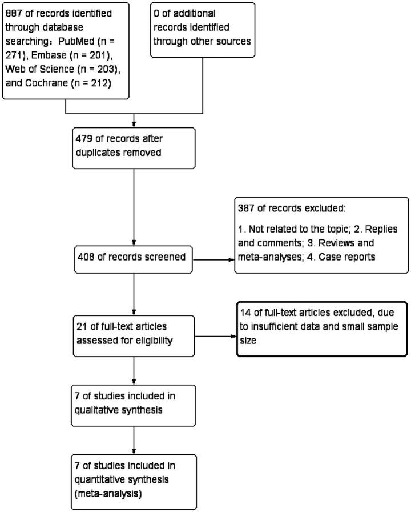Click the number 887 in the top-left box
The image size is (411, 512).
13,13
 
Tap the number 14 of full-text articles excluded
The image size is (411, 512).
247,314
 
